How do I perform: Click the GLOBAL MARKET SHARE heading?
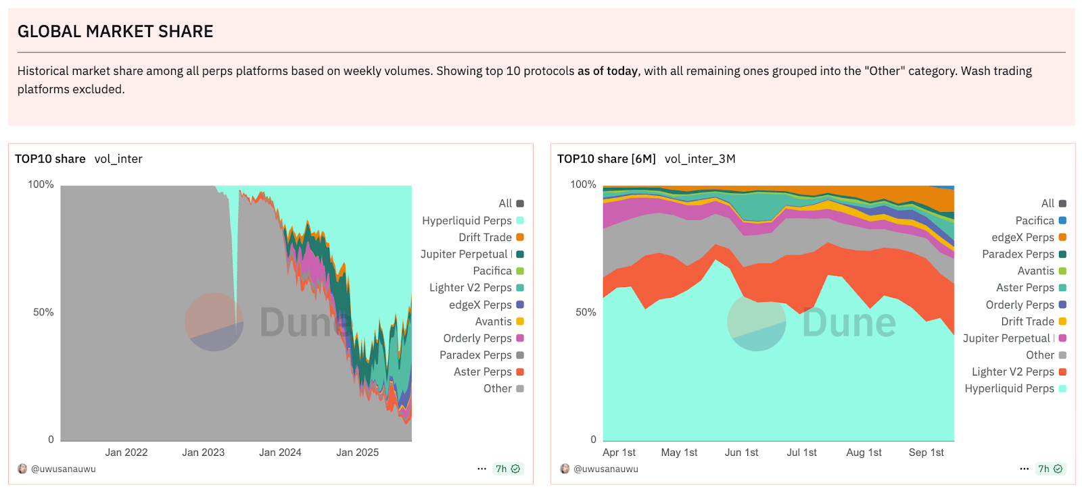[115, 32]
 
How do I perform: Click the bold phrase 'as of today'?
[607, 71]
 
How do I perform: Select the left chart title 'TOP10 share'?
[50, 159]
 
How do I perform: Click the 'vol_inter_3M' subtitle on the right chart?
[700, 159]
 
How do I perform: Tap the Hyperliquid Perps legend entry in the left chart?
[467, 221]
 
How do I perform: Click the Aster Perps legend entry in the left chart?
[483, 372]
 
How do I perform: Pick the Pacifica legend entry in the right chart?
[1035, 221]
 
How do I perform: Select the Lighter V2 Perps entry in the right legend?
[1013, 372]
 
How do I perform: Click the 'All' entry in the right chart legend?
[1048, 203]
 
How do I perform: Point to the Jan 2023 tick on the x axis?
[203, 453]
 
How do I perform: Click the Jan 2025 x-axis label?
[357, 453]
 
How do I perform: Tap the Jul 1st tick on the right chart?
[801, 453]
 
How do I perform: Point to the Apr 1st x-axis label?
[619, 453]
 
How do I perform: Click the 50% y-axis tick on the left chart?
[43, 312]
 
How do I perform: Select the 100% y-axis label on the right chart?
[583, 184]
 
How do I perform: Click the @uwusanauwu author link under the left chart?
[63, 469]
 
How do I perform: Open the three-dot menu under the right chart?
[1024, 469]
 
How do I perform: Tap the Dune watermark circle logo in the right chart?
[756, 322]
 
